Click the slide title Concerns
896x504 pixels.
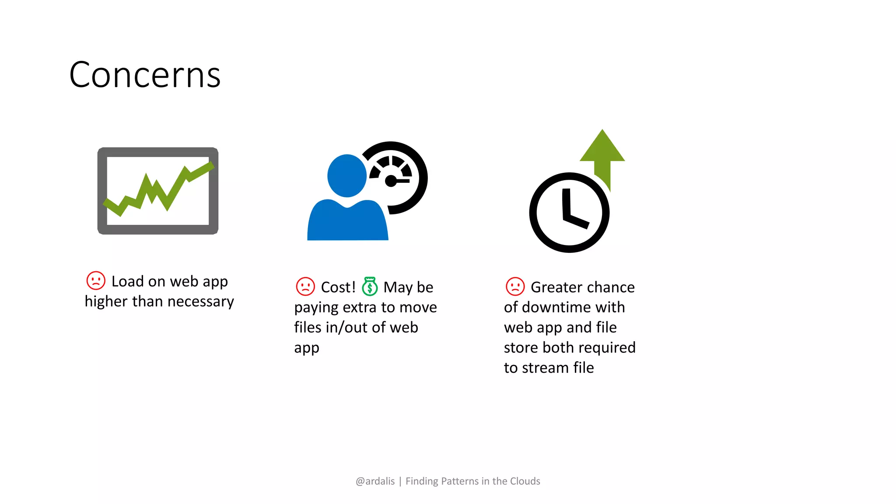[x=145, y=75]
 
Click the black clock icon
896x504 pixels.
[x=569, y=213]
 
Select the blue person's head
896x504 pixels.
[x=346, y=175]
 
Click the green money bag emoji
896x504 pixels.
[x=370, y=287]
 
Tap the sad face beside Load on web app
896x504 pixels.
[x=96, y=280]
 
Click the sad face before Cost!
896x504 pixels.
[x=305, y=287]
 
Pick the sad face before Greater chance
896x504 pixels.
[x=515, y=287]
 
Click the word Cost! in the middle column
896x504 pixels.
[x=338, y=287]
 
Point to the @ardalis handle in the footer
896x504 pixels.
[x=375, y=481]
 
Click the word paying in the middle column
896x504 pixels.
[x=316, y=308]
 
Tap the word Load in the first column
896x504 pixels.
[x=127, y=281]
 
